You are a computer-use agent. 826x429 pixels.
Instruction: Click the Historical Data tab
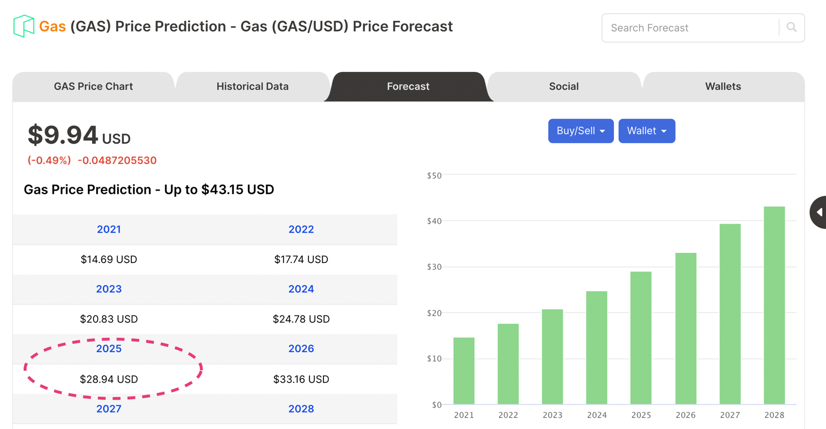click(x=253, y=86)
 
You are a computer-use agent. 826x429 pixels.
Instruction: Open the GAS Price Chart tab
click(x=93, y=86)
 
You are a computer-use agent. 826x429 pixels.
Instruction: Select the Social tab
click(x=564, y=86)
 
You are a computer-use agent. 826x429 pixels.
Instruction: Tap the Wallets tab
click(x=723, y=86)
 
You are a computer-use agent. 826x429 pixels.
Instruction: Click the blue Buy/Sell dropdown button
click(x=581, y=131)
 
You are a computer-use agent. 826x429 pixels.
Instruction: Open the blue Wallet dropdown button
click(x=647, y=131)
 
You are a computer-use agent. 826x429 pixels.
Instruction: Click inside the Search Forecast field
click(x=689, y=28)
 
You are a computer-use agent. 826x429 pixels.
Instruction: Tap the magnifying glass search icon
click(x=791, y=27)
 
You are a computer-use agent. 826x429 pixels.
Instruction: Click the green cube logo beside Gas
click(x=23, y=26)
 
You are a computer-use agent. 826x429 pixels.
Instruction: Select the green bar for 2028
click(x=774, y=306)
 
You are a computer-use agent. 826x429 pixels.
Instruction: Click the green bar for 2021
click(x=464, y=371)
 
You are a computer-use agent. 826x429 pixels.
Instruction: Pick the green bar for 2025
click(x=641, y=338)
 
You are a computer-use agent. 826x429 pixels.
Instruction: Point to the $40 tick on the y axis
click(x=434, y=221)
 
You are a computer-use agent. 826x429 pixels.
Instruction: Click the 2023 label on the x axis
click(x=553, y=415)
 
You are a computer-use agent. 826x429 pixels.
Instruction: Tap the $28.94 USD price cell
click(x=109, y=379)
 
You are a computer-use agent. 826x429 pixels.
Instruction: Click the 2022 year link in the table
click(x=301, y=229)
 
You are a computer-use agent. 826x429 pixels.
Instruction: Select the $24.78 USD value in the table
click(x=301, y=319)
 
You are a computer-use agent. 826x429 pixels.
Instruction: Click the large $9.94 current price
click(x=63, y=135)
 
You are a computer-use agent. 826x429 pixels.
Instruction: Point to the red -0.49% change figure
click(x=49, y=160)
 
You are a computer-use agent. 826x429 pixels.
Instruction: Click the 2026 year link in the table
click(x=301, y=349)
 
